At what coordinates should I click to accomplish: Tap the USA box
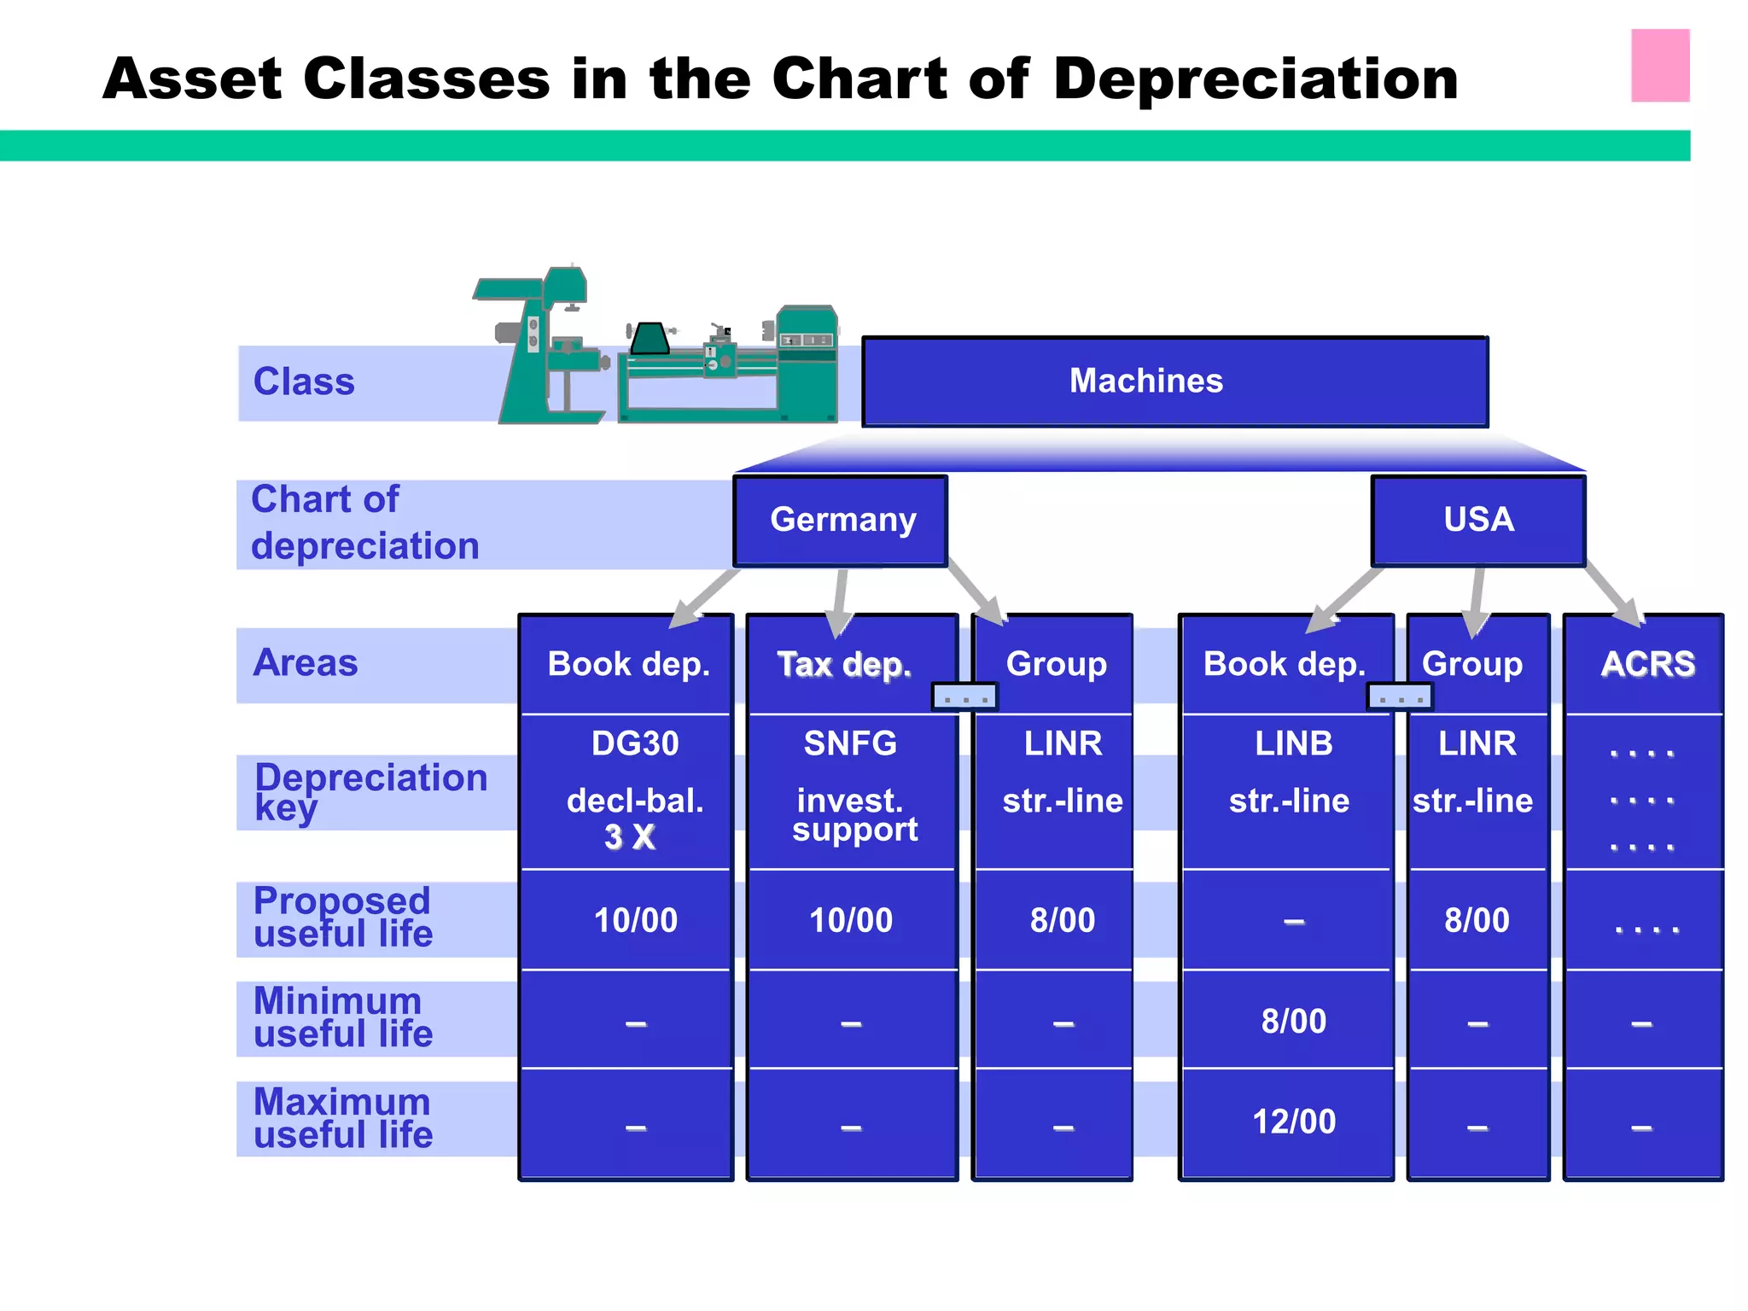[x=1478, y=520]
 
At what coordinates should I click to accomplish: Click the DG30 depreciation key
[x=635, y=743]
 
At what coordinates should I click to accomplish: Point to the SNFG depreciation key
[x=850, y=743]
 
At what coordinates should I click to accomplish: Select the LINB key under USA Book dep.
[x=1293, y=743]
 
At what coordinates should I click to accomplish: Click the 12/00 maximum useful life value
[x=1293, y=1122]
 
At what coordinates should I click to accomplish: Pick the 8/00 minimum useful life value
[x=1293, y=1021]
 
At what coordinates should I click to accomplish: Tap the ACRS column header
[x=1647, y=664]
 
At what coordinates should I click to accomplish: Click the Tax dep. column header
[x=844, y=664]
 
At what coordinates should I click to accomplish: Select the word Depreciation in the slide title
[x=1256, y=79]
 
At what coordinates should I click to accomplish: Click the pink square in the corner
[x=1660, y=66]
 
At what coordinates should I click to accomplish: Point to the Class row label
[x=304, y=382]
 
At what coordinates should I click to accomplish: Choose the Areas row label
[x=306, y=663]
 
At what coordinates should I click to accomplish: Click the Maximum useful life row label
[x=343, y=1118]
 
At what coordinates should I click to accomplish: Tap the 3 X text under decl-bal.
[x=630, y=837]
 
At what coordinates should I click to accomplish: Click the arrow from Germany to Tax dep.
[x=841, y=602]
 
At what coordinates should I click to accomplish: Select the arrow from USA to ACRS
[x=1611, y=595]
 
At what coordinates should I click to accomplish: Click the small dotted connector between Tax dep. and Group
[x=964, y=697]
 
